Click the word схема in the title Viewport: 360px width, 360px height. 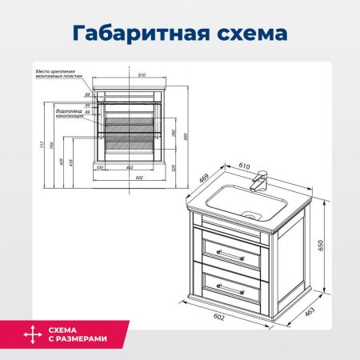click(x=249, y=34)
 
